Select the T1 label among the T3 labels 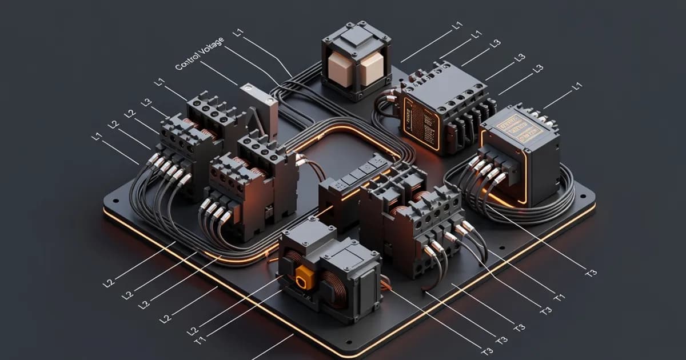pos(559,297)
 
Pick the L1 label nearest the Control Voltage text pos(238,33)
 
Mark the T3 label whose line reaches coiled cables pos(591,272)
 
